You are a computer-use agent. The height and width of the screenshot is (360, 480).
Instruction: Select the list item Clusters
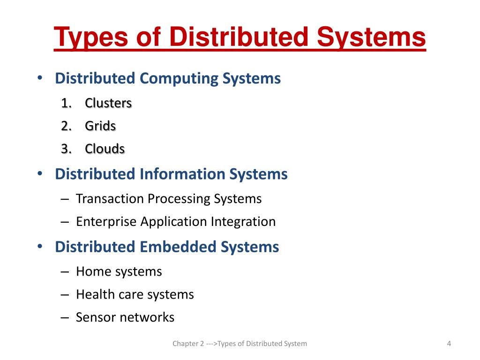click(x=108, y=103)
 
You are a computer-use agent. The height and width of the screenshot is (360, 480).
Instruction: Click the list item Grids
click(x=100, y=126)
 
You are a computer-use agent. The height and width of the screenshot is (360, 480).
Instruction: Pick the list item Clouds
click(x=105, y=149)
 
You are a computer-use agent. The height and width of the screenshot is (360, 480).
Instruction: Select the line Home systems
click(x=119, y=271)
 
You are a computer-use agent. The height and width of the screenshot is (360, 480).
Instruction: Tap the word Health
click(x=93, y=294)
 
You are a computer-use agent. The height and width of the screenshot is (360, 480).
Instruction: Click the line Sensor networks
click(x=125, y=317)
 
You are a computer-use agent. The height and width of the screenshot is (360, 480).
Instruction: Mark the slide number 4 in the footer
click(x=449, y=344)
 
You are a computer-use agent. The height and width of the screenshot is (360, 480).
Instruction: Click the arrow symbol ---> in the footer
click(x=212, y=344)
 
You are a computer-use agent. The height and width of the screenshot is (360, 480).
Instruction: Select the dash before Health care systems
click(x=65, y=294)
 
